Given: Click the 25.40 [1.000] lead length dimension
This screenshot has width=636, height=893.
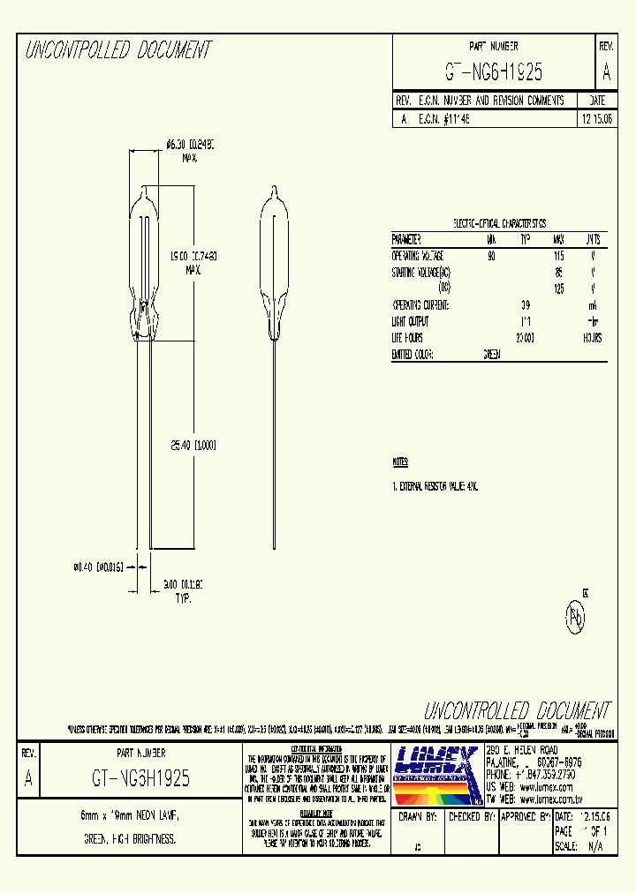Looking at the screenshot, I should coord(193,445).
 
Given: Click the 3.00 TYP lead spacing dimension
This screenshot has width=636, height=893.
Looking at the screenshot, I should coord(183,583).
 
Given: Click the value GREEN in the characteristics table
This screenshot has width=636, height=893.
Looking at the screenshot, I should coord(492,354).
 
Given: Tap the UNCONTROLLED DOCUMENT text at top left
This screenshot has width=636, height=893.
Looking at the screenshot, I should coord(117,51).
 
